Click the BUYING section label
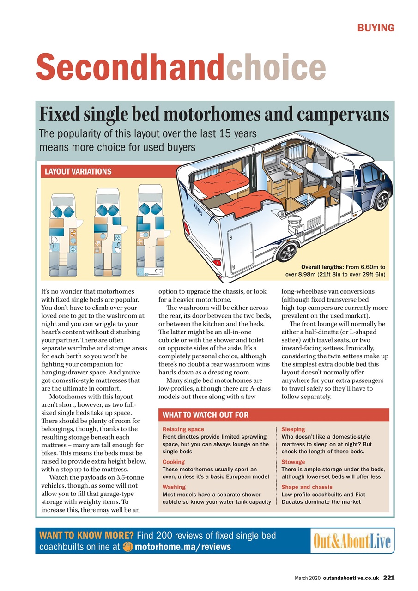(376, 28)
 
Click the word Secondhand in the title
(130, 67)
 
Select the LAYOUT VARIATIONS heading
(78, 171)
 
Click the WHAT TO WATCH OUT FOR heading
(206, 415)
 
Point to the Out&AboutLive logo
(352, 541)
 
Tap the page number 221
(388, 578)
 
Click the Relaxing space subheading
(183, 429)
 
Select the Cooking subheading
(174, 462)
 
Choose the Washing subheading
(174, 487)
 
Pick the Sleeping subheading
(293, 429)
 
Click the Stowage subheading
(293, 462)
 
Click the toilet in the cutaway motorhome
(292, 224)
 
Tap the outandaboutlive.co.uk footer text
(351, 578)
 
